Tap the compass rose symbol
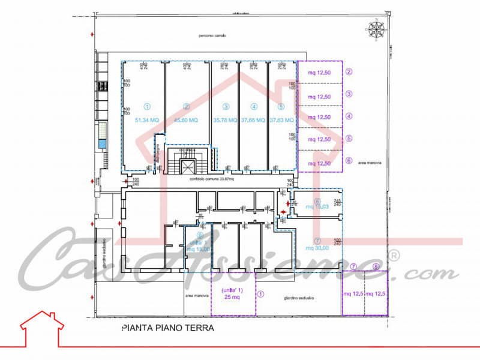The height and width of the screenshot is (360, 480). [377, 28]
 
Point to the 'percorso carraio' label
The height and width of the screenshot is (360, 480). [213, 36]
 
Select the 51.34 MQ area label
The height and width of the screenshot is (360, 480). [143, 120]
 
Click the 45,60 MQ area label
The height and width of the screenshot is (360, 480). [186, 120]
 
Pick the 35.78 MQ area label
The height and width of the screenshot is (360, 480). [226, 120]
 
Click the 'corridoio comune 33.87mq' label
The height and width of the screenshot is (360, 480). [209, 179]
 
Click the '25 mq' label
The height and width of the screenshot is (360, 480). [232, 297]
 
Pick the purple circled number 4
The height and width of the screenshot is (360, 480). [349, 116]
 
